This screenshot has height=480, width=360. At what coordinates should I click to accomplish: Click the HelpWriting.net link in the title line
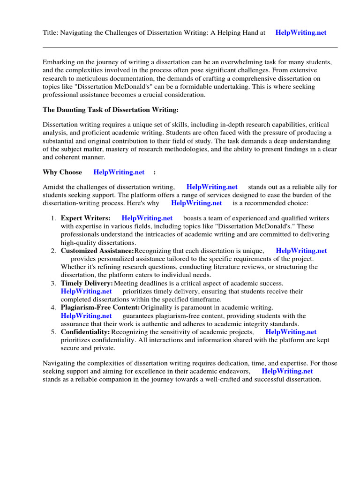[x=301, y=33]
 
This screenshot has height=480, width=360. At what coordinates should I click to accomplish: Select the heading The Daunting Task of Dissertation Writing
[x=111, y=110]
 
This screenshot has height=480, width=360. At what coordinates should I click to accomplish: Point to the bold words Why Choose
[x=62, y=172]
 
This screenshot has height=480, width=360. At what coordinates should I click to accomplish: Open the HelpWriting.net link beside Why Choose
[x=119, y=172]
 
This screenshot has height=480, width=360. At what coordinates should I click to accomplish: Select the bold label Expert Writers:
[x=86, y=218]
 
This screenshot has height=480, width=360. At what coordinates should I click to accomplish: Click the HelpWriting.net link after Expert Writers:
[x=147, y=218]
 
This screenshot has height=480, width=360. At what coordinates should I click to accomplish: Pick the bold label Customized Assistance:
[x=97, y=251]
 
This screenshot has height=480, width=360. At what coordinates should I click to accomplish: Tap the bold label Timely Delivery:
[x=87, y=283]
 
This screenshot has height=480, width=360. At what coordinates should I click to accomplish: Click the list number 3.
[x=53, y=283]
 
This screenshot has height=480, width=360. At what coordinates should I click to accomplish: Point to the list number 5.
[x=53, y=332]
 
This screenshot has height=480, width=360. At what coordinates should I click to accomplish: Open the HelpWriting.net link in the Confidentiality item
[x=291, y=332]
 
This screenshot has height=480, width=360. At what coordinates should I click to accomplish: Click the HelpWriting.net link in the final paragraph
[x=287, y=371]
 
